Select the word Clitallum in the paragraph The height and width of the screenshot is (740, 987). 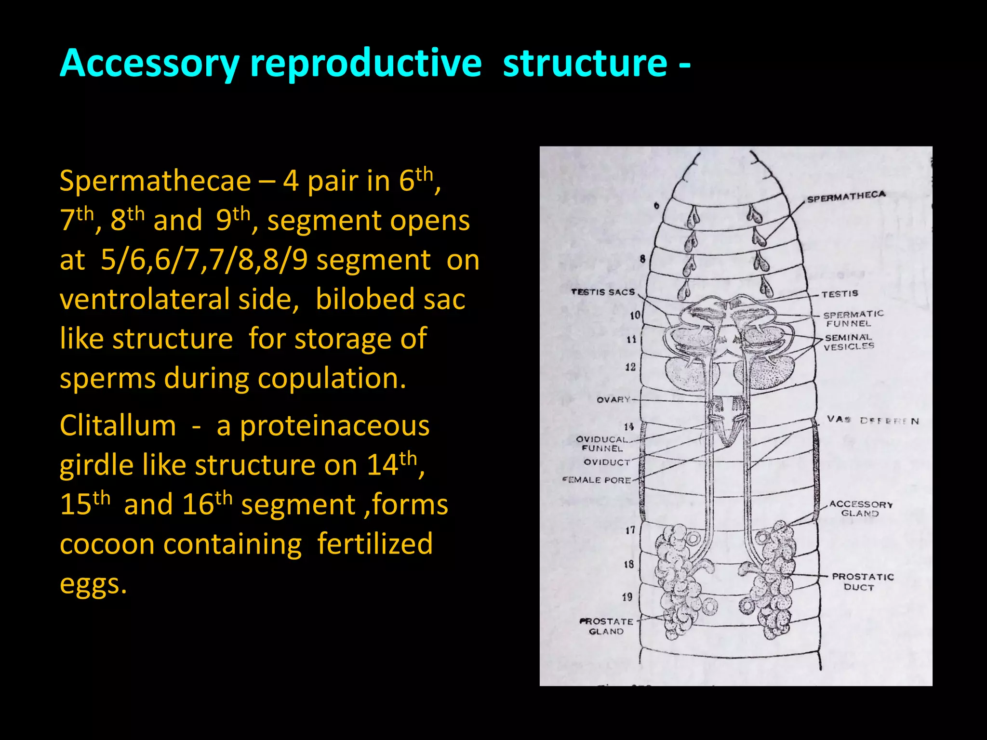coord(118,426)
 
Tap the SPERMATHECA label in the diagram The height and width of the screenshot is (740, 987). coord(846,197)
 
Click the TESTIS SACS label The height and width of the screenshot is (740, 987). coord(602,292)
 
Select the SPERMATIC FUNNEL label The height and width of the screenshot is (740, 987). coord(853,318)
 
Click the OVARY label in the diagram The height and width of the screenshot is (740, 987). coord(613,399)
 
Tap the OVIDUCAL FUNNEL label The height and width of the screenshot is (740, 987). coord(602,444)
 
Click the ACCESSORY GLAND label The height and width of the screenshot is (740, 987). coord(861,509)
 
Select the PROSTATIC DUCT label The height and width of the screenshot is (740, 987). coord(862,581)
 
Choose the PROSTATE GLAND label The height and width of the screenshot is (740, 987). coord(606,626)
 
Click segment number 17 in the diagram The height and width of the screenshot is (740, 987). coord(630,530)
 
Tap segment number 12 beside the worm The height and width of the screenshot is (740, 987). coord(630,367)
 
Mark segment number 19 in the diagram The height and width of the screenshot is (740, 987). coord(627,597)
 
